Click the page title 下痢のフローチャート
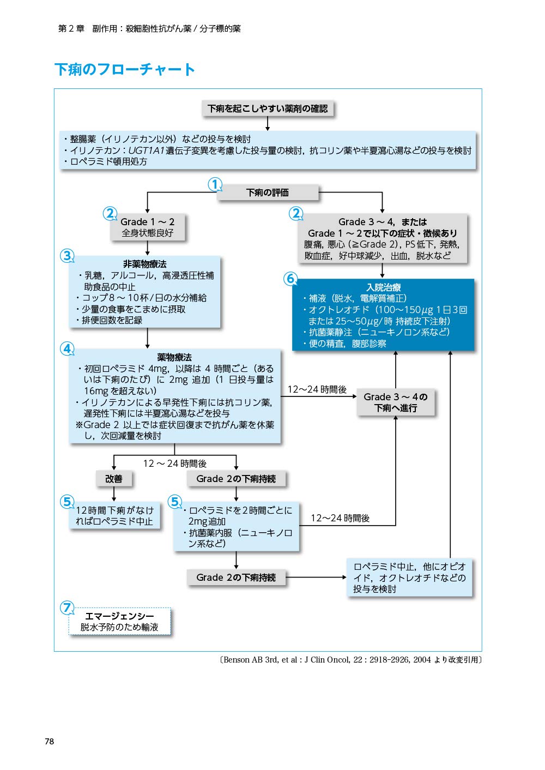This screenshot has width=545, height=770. coord(125,69)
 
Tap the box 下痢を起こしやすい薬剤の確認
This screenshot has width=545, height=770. coord(268,109)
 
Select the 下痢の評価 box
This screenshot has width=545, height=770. coord(268,192)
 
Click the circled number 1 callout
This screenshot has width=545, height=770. coord(215,185)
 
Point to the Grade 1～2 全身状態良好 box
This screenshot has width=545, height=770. coord(147,227)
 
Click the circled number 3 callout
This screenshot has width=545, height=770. coord(68,256)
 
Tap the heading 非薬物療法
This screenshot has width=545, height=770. coord(144,264)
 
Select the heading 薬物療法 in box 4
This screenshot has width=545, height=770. coord(174,358)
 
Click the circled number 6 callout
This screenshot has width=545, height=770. coord(290,279)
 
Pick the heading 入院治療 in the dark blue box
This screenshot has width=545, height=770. coord(383,287)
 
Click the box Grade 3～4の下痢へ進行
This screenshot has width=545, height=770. coord(396,402)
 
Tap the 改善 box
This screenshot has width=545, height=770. coord(114,479)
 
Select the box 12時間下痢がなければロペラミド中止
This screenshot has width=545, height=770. coord(114,516)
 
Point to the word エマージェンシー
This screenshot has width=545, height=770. coord(119,616)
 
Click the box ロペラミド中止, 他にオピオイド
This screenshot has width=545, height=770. coord(410,578)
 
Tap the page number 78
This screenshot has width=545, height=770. coord(50,742)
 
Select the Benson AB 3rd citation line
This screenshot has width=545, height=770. coord(350,660)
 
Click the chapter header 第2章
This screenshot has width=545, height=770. coord(71,28)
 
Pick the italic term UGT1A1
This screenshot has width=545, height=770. coord(147,150)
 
